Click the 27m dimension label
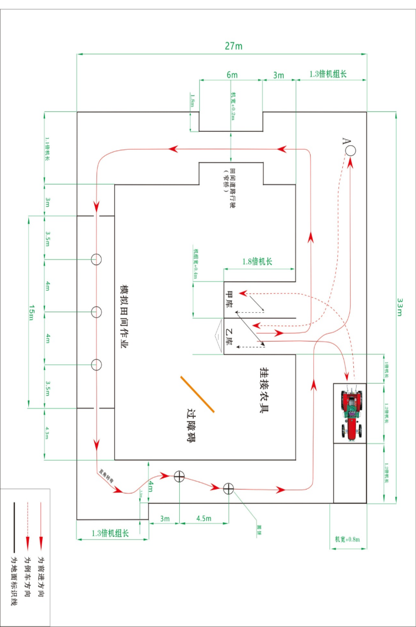tap(233, 46)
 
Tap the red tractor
tap(350, 414)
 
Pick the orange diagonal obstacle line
tap(197, 394)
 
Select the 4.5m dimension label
tap(204, 518)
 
